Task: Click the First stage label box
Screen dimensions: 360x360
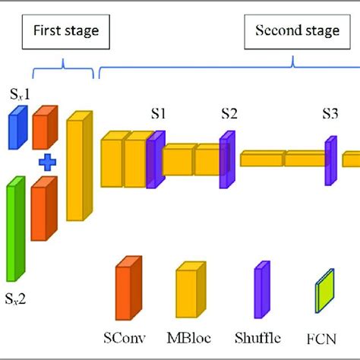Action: click(65, 33)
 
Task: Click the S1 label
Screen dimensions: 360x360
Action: click(158, 114)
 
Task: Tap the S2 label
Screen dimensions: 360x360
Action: click(229, 114)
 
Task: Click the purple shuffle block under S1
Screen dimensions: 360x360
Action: click(156, 159)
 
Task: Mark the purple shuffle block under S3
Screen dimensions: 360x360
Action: click(330, 159)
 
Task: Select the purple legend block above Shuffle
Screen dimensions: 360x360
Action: click(262, 290)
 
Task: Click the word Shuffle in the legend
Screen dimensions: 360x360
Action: click(257, 338)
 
